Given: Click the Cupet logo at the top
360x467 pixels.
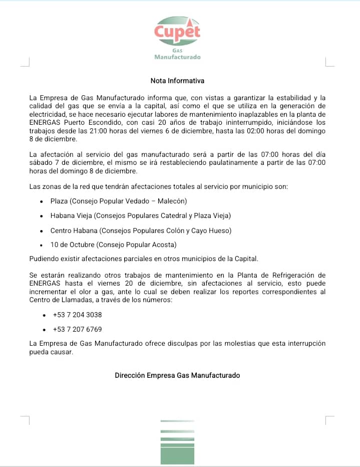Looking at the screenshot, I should point(177,31).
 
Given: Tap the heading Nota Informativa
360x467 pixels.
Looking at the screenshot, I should point(177,80).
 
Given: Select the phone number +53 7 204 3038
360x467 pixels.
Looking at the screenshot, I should point(77,315).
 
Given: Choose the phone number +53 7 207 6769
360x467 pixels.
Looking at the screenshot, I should point(77,330).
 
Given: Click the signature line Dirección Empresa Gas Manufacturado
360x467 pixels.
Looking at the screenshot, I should point(177,375).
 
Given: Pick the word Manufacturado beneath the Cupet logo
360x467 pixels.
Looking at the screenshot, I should point(177,57).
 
